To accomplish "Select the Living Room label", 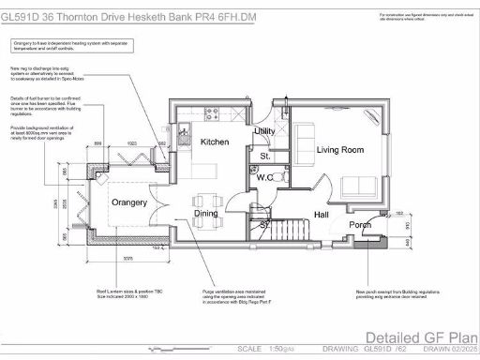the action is (339, 149).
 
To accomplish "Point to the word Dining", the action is (205, 213).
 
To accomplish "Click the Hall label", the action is (322, 215).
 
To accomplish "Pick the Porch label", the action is (360, 225).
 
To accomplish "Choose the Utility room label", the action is (264, 131).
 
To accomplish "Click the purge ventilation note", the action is (239, 298).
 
